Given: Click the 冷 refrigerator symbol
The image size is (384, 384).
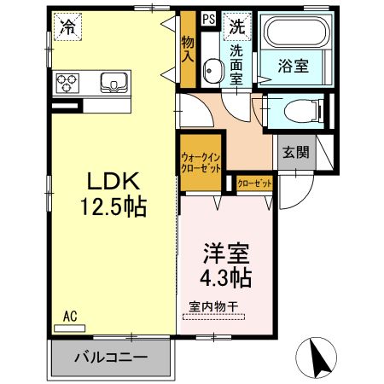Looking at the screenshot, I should tap(66, 27).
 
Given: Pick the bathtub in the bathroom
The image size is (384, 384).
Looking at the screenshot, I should tap(294, 37).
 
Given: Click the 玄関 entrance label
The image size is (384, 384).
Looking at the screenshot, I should tap(296, 154).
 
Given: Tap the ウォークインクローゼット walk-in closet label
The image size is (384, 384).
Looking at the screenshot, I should tap(201, 163).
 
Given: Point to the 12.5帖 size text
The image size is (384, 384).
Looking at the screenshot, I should tap(114, 207).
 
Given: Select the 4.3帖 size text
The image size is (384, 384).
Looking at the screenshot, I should tap(226, 278).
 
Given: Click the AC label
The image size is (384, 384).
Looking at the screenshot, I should tap(70, 316).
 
